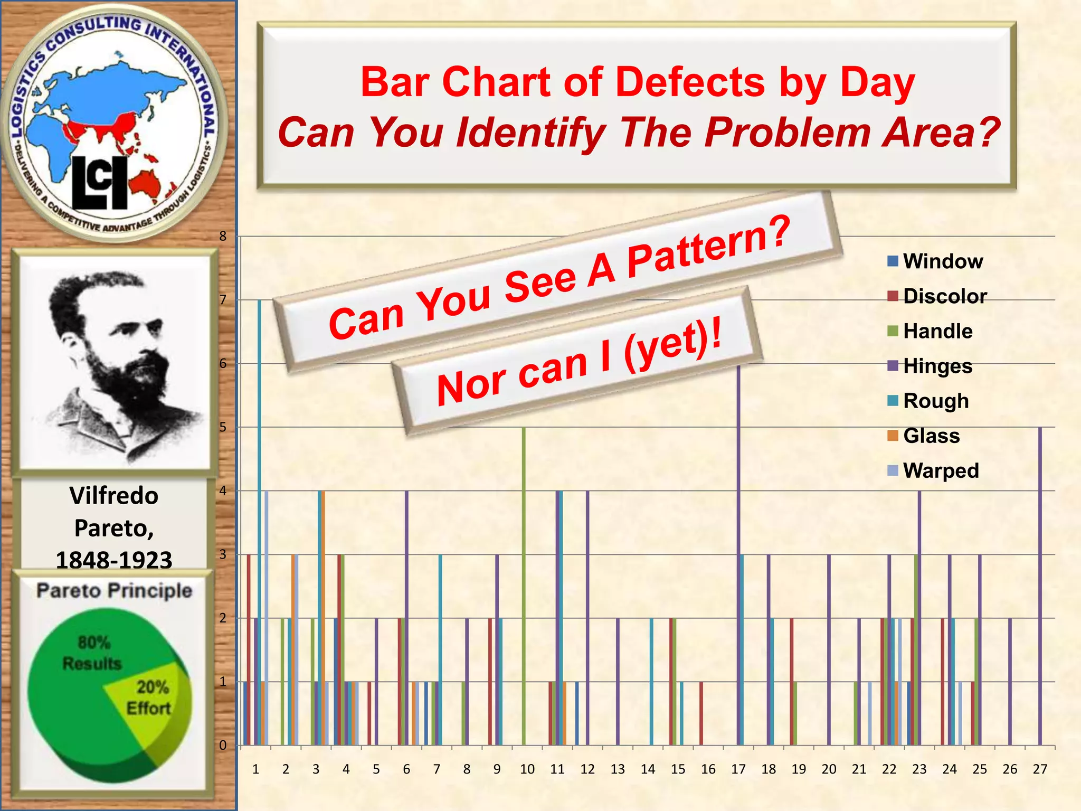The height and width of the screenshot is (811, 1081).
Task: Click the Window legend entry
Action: point(935,261)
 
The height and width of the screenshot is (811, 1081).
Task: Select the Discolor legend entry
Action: point(937,296)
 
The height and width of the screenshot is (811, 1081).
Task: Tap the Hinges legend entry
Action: point(931,366)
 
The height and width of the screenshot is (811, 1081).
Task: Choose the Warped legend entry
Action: point(934,470)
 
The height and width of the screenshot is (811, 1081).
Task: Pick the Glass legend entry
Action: point(924,436)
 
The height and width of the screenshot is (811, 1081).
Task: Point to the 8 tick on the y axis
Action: point(223,236)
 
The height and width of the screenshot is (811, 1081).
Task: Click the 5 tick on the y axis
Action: point(223,427)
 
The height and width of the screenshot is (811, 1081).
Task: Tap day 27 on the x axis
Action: point(1040,769)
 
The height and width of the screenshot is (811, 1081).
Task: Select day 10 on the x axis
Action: point(527,769)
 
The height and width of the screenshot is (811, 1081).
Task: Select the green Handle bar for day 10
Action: point(524,586)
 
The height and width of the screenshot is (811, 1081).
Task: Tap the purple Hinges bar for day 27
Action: point(1040,586)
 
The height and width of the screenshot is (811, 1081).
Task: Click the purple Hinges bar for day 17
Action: point(739,554)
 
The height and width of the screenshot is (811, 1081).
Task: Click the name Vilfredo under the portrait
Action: point(113,496)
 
